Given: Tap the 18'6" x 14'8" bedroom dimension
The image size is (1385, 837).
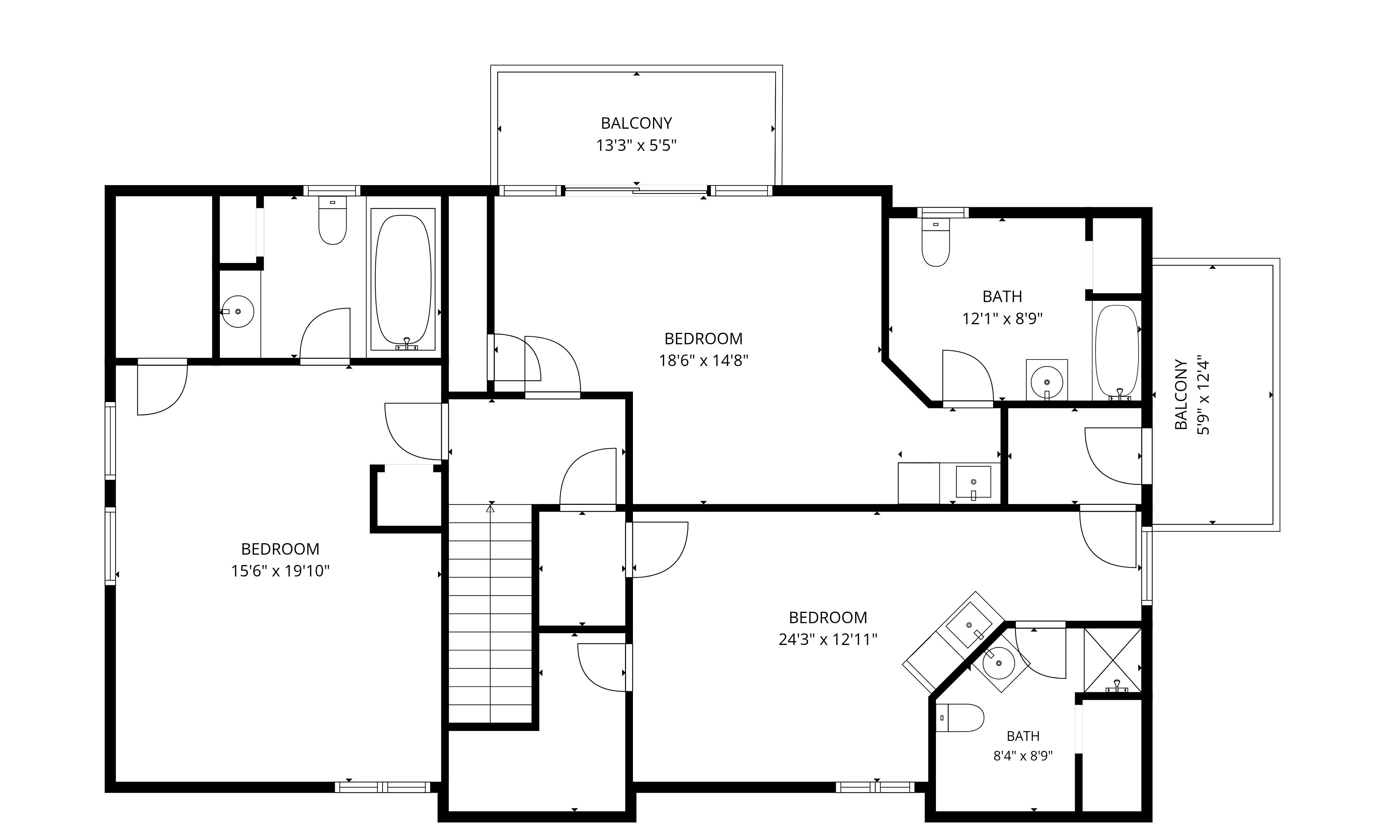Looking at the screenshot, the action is point(703,361).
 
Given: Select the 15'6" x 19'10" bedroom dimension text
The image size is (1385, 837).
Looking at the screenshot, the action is point(280,571).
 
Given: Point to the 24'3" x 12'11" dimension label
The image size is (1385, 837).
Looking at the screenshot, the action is point(828,640).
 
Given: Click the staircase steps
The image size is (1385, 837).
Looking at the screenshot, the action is point(490,613).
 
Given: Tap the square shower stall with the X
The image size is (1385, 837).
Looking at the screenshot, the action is point(1113,660).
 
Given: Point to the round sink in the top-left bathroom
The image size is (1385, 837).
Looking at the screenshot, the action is point(238,311).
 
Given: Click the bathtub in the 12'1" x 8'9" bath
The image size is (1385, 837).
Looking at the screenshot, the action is point(1116,352).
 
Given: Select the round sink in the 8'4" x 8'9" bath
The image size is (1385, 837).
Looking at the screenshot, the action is point(999,663).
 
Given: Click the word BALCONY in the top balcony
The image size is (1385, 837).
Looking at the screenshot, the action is point(636,123).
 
